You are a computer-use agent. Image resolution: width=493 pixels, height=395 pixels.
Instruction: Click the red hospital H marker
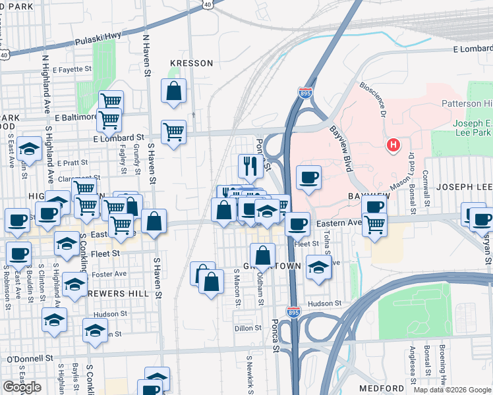tap(393, 145)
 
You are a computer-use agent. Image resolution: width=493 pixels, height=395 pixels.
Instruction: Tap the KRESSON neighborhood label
tap(192, 63)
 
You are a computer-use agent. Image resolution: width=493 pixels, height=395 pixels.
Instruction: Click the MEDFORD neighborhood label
tap(381, 388)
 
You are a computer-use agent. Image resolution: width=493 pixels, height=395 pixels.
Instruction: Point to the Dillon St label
tap(248, 328)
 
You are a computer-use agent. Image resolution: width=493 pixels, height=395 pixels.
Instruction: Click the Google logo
tap(22, 387)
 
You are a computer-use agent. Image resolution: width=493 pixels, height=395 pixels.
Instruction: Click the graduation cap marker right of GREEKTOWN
tap(318, 268)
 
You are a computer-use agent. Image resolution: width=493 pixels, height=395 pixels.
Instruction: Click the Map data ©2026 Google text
tap(452, 390)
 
